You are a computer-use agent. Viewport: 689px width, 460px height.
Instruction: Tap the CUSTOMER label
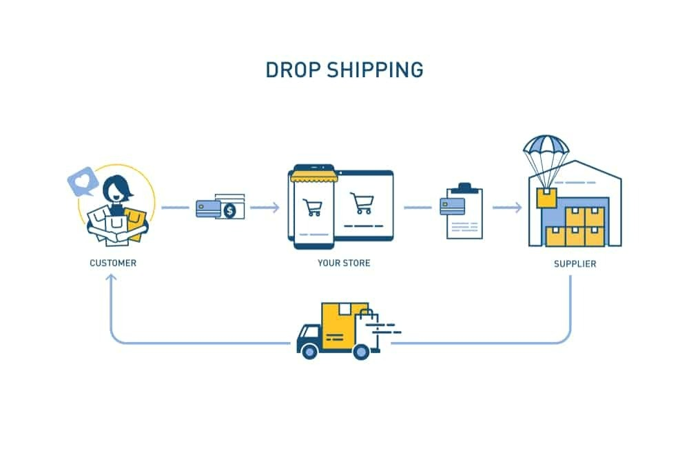[x=113, y=263]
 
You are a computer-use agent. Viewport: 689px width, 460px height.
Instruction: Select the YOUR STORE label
[x=344, y=263]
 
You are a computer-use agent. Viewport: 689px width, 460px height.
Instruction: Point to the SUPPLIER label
[x=575, y=263]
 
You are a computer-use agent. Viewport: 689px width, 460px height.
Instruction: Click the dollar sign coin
[x=230, y=211]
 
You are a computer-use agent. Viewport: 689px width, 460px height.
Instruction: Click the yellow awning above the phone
[x=313, y=177]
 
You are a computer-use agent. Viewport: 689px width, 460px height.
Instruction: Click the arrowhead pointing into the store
[x=275, y=207]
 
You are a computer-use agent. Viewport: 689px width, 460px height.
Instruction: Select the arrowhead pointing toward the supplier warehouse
[x=517, y=207]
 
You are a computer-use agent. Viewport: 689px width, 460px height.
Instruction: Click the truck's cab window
[x=307, y=334]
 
